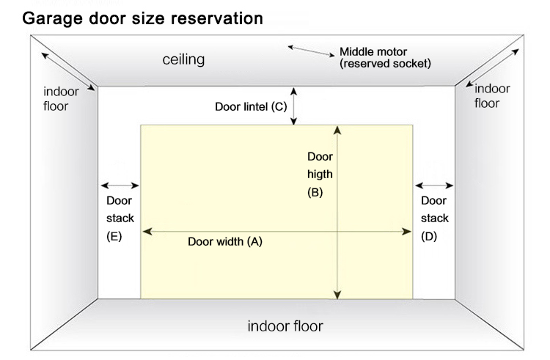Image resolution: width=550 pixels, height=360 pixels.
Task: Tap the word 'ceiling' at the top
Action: pos(183,59)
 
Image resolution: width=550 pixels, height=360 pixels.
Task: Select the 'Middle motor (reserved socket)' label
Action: pos(384,58)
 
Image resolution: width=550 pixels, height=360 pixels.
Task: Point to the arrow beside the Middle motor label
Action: pos(312,51)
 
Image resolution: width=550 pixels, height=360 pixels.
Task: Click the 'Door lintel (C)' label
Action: pos(250,106)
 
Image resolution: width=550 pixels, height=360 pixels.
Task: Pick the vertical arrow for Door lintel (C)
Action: pos(294,105)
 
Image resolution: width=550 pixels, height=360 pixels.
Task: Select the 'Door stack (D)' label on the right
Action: pos(433,218)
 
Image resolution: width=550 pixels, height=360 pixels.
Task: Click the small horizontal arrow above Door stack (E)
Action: pos(120,185)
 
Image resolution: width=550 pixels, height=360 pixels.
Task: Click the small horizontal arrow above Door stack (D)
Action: pos(433,185)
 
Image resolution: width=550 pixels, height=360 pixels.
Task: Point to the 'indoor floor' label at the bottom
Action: pos(285,326)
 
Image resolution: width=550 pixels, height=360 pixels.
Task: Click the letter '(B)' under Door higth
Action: pos(315,193)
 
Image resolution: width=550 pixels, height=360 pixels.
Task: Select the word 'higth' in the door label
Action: pos(320,175)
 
